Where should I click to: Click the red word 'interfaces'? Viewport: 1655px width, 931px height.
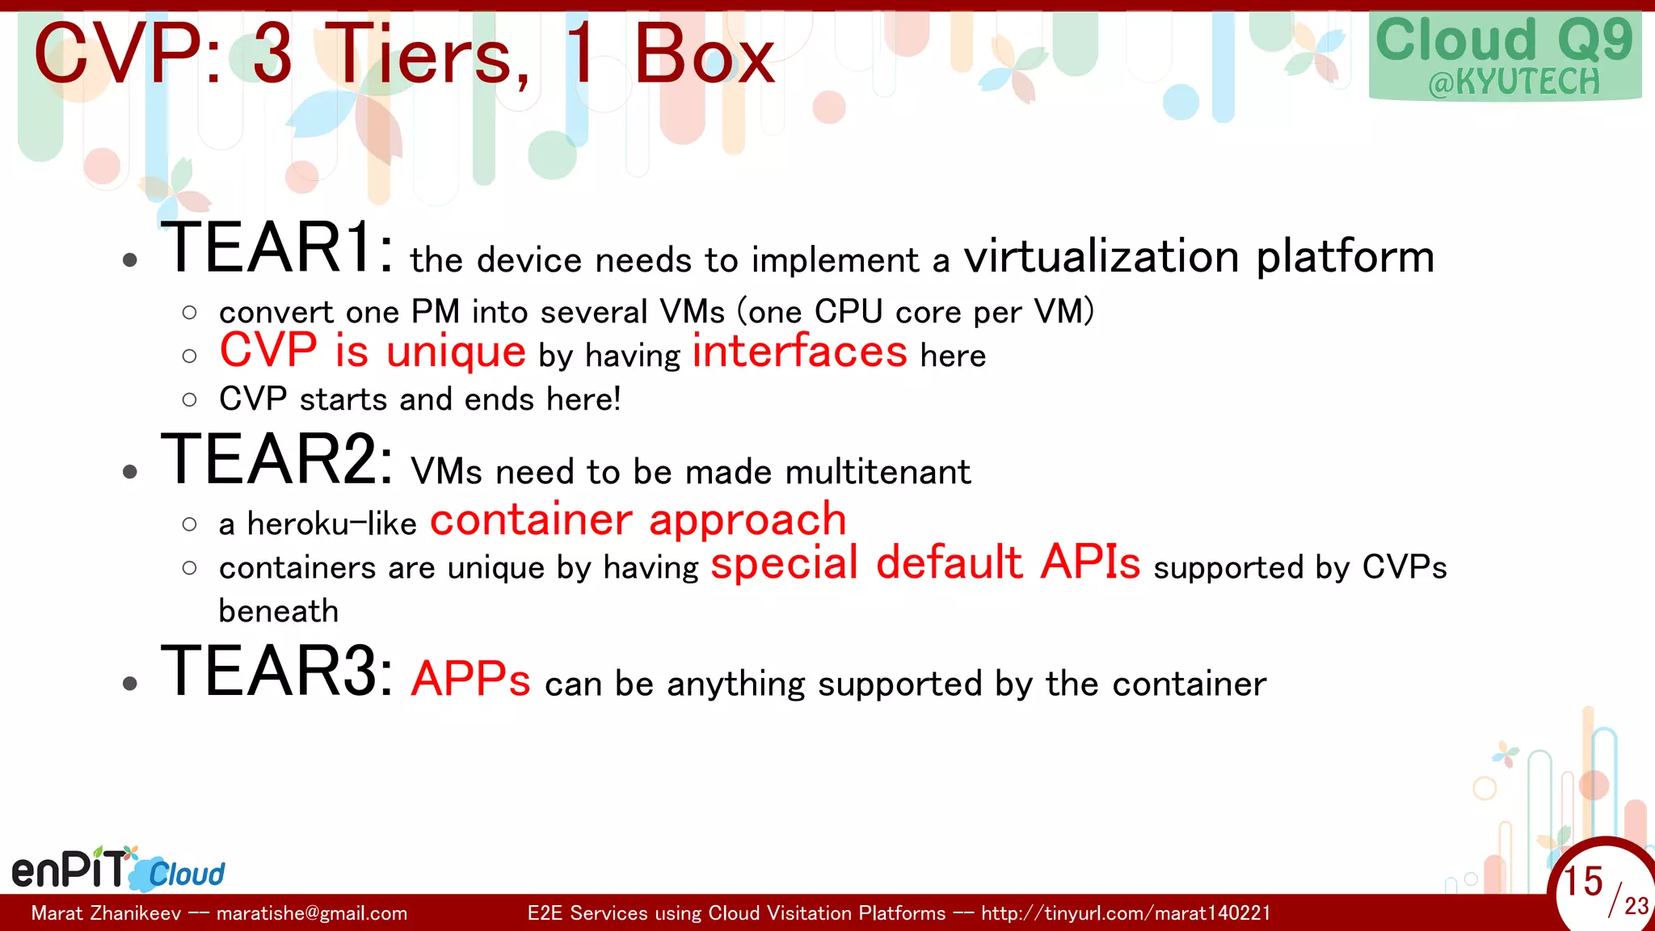799,352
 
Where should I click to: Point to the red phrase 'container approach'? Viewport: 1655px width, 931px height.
638,520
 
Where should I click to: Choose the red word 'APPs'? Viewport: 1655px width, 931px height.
470,679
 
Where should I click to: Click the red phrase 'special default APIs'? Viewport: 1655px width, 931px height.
925,562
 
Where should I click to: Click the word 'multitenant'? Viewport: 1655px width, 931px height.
878,472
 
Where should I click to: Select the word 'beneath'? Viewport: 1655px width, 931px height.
278,611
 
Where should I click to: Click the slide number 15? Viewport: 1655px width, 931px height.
1582,881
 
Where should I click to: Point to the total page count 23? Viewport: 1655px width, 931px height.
1636,906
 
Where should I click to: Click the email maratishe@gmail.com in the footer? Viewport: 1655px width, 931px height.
312,914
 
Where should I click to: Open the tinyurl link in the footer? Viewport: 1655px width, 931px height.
1126,914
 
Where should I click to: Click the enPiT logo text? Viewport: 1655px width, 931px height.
71,869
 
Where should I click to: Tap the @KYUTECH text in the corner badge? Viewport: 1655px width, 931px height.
1513,82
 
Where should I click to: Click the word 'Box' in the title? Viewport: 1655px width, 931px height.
704,55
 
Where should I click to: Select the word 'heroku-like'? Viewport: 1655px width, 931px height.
331,524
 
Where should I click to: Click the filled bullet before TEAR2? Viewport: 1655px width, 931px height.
130,472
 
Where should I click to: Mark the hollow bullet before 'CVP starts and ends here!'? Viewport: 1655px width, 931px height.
190,400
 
